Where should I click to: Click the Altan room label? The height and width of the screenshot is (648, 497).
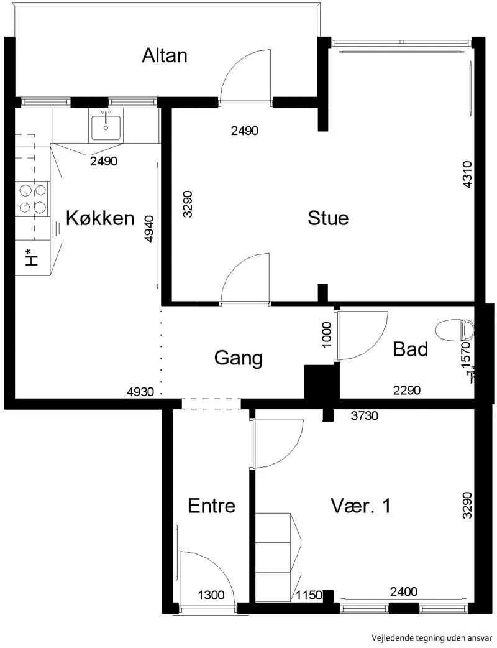164,55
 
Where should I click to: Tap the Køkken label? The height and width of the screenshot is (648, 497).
100,218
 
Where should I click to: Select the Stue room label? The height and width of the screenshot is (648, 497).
328,218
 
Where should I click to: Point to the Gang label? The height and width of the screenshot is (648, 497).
239,358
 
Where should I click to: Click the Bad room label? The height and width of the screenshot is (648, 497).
410,349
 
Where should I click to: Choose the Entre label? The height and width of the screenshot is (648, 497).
211,506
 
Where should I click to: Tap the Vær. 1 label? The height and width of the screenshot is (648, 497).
360,506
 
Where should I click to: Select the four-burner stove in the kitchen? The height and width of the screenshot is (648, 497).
32,199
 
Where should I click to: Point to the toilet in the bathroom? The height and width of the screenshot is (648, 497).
454,330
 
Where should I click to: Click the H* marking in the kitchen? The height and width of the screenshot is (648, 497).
32,257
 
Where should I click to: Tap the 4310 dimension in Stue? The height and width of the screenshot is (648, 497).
467,175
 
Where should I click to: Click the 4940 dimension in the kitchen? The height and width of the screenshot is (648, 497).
149,229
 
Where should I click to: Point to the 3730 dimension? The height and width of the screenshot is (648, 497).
365,415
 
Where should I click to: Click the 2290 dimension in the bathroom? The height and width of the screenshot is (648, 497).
407,390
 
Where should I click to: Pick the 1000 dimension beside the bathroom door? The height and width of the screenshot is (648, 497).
326,335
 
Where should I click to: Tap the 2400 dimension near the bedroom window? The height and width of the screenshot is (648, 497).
404,592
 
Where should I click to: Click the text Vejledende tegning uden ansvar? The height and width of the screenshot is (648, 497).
432,637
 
